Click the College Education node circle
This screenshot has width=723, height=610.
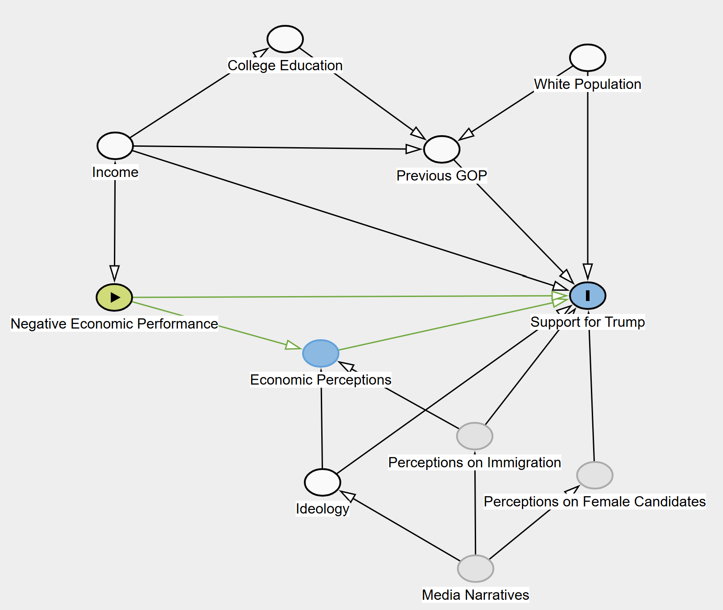pos(285,39)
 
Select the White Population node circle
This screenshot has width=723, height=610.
pos(587,58)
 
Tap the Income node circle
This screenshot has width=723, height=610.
pos(115,146)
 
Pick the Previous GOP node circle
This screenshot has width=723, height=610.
pos(441,149)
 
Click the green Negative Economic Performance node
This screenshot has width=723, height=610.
pos(114,297)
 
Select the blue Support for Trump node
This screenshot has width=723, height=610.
pos(587,296)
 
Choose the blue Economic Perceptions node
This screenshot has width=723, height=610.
pos(321,353)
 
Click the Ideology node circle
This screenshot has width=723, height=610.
pos(323,482)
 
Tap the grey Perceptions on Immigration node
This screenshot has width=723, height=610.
pos(475,436)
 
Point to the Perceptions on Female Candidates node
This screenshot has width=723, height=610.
pos(594,475)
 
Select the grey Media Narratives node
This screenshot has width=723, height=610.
pos(476,569)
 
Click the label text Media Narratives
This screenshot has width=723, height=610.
pos(475,595)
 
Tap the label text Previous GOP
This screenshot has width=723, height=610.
pos(441,176)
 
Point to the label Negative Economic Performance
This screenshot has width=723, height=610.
pos(114,324)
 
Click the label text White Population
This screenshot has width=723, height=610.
pos(587,84)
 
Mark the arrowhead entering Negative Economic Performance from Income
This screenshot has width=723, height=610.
pos(114,273)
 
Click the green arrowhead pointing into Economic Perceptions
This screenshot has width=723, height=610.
pos(293,345)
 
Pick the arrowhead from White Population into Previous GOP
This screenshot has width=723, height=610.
pos(467,134)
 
